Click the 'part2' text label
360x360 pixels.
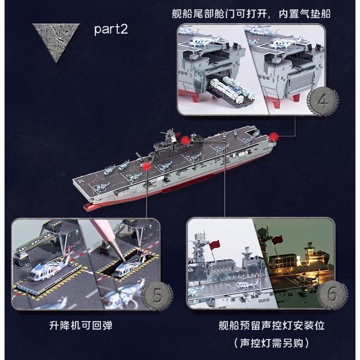tap(111, 29)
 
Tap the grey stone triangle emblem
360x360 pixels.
tap(56, 40)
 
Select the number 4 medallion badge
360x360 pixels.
tap(323, 101)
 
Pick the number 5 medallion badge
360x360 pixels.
tap(157, 296)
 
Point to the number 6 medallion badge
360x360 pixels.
tap(332, 295)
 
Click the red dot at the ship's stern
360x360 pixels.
tap(273, 137)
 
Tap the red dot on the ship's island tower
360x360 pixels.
tap(185, 140)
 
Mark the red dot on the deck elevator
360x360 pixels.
tap(146, 167)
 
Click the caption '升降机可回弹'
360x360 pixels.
tap(81, 325)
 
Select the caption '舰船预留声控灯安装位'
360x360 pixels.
tap(272, 325)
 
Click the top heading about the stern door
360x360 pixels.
tap(251, 14)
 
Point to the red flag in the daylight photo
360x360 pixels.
tap(215, 245)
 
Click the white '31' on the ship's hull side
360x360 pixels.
tap(139, 190)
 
